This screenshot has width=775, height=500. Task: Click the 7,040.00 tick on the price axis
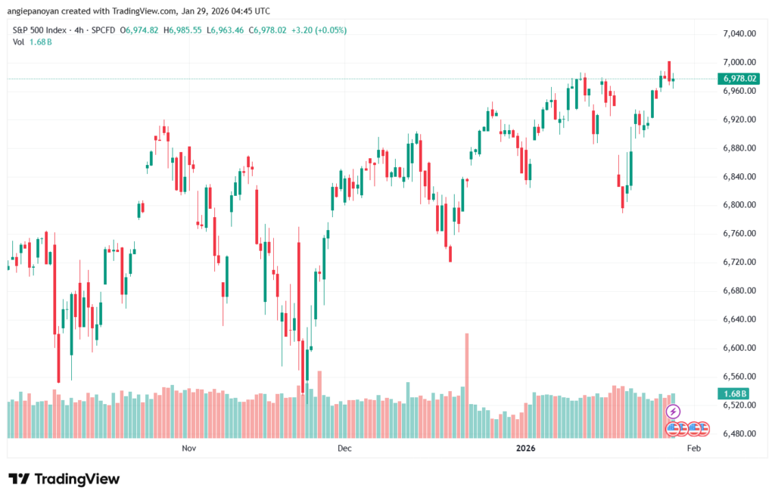click(739, 34)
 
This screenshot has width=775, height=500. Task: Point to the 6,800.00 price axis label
click(739, 205)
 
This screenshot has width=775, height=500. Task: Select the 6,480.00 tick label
click(739, 434)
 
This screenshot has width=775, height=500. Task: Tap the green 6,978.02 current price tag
click(739, 79)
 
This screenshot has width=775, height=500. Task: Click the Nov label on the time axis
click(189, 449)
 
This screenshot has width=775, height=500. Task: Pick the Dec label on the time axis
click(345, 449)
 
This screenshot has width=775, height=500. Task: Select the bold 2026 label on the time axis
click(526, 449)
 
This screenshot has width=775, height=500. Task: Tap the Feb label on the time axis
click(693, 449)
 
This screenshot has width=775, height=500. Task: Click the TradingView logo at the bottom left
click(64, 479)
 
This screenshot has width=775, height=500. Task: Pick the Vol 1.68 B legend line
click(32, 42)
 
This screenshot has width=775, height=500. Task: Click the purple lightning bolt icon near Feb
click(673, 411)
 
